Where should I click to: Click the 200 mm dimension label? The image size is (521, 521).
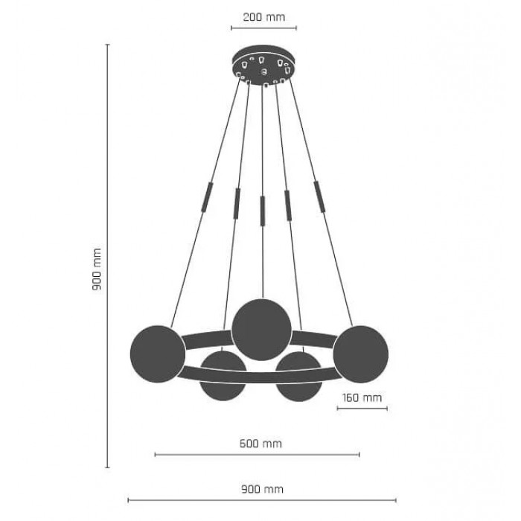[x=263, y=17]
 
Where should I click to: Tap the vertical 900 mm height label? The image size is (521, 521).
[x=97, y=269]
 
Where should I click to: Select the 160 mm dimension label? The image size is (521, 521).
[x=362, y=397]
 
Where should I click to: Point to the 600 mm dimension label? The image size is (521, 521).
[x=260, y=444]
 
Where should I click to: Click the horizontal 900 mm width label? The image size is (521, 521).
[x=262, y=489]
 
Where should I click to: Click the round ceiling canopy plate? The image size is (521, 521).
[x=263, y=65]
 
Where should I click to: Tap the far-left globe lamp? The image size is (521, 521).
[x=158, y=354]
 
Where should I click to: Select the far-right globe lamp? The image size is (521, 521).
[x=360, y=354]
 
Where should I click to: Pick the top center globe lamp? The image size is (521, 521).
[x=261, y=330]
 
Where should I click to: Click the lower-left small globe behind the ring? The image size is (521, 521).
[x=223, y=375]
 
